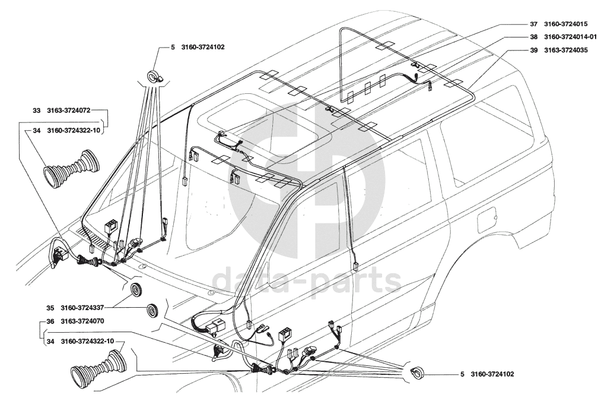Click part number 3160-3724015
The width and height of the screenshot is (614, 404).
coord(566,24)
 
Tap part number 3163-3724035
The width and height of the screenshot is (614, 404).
coord(566,50)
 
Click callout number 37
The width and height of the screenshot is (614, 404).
coord(534,24)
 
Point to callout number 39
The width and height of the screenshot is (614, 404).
coord(534,50)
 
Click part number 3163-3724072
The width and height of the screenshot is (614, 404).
coord(69,111)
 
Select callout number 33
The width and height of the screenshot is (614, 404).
coord(36,111)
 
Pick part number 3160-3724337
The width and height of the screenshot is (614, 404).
coord(82,308)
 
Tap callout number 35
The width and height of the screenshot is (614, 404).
coord(50,308)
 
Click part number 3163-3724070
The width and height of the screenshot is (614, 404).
coord(82,321)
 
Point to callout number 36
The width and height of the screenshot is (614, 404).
coord(50,321)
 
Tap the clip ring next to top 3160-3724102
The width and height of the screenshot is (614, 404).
coord(154,77)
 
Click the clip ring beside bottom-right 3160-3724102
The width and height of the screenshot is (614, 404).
coord(418,373)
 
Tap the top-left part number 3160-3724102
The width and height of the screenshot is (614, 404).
coord(203,47)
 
